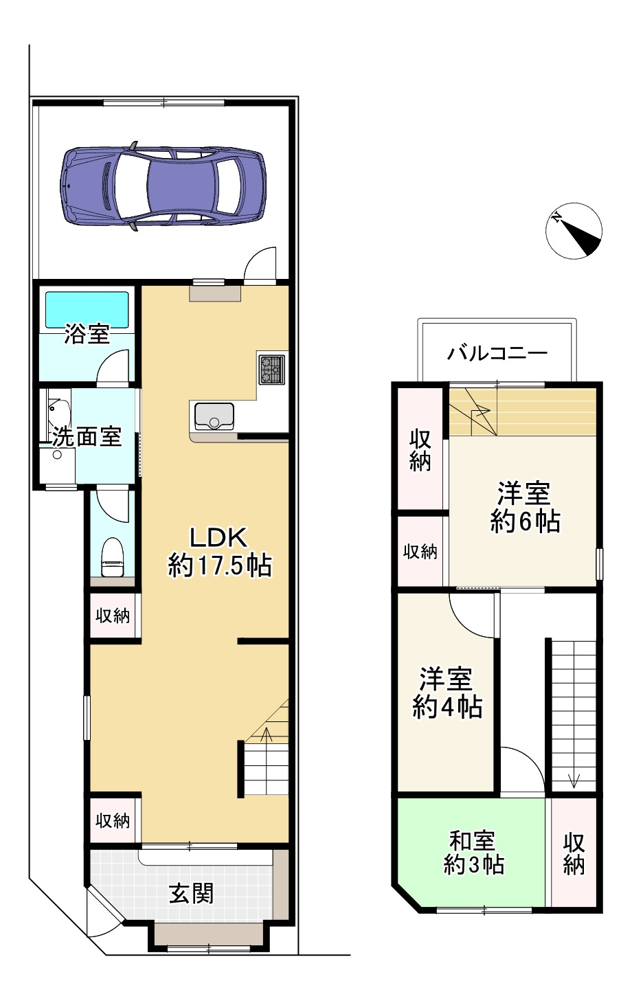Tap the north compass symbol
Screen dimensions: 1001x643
[x=574, y=231]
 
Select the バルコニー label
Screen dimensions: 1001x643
[x=497, y=354]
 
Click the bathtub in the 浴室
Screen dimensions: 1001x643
[x=87, y=310]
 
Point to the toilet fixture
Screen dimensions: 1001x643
[x=111, y=557]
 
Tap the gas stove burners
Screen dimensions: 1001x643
[x=272, y=369]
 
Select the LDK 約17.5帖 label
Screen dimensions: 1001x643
[x=219, y=552]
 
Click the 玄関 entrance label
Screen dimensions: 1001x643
[x=191, y=893]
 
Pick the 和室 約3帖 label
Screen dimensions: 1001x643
[x=473, y=853]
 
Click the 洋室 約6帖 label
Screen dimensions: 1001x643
[x=524, y=508]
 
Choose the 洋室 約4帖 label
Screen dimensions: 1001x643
[x=447, y=693]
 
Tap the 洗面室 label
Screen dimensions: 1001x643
[x=87, y=436]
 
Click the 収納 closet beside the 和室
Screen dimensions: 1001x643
[x=574, y=853]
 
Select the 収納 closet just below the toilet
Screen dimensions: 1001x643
[x=113, y=616]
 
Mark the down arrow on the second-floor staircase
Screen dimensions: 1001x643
[x=574, y=780]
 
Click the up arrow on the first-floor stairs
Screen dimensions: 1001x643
[x=267, y=734]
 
